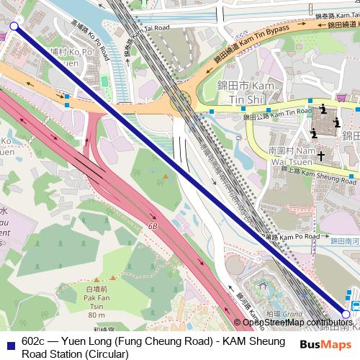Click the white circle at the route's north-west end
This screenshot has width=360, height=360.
point(14,26)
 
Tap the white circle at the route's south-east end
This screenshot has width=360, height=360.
point(346,315)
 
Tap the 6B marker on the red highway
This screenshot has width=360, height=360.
point(153,225)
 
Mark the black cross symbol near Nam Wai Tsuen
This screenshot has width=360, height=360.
point(320,155)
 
